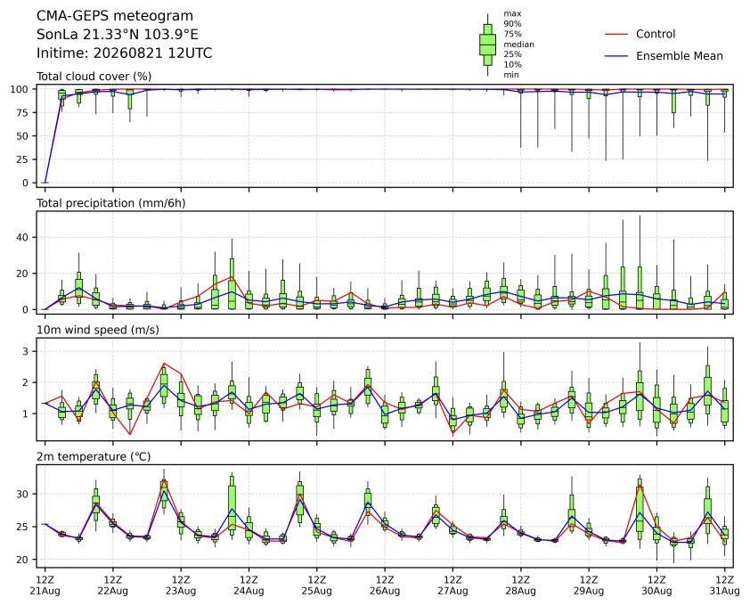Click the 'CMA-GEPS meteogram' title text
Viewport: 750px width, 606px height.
[115, 16]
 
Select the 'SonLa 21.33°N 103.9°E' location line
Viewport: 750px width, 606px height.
[118, 35]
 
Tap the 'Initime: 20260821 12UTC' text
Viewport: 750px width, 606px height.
[125, 53]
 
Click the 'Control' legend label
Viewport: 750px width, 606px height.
[656, 34]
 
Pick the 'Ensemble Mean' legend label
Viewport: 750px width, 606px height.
[680, 56]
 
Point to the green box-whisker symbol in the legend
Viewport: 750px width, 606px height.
[487, 45]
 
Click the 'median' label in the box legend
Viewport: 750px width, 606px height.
[518, 44]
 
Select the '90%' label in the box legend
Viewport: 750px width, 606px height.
[512, 23]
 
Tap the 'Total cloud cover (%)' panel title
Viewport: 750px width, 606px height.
[94, 77]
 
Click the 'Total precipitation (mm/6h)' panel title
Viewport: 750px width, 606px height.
[111, 203]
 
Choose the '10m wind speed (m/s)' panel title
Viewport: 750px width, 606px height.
[98, 330]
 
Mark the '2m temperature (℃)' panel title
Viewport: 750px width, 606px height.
[94, 456]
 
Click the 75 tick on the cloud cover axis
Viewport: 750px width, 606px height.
[23, 112]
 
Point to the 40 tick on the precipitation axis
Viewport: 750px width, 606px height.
[23, 237]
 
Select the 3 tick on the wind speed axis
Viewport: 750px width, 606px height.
[27, 351]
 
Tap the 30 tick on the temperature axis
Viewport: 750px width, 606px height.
[23, 494]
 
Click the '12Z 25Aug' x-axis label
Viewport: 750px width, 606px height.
[316, 586]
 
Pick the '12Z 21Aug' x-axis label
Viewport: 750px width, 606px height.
[45, 586]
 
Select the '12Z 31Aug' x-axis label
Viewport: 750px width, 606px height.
[725, 586]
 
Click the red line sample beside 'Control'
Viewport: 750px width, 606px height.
[616, 35]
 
